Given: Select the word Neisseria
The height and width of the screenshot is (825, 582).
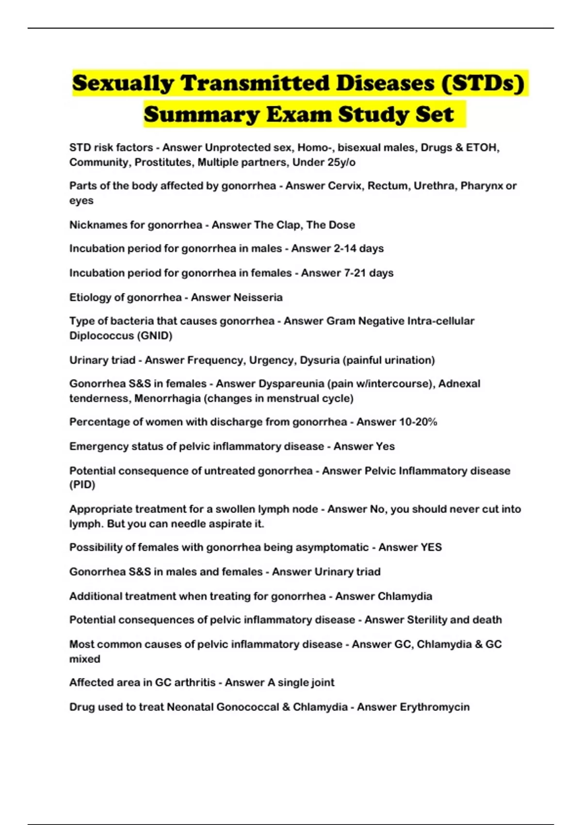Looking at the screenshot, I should (258, 297).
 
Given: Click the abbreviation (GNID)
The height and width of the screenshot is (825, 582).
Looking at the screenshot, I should (155, 336).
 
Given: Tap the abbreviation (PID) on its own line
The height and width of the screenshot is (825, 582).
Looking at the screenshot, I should (82, 485).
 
